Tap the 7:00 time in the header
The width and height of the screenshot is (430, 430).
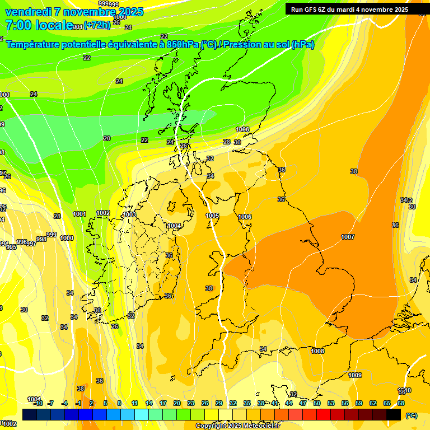tap(18, 25)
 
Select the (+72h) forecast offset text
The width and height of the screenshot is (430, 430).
tap(97, 26)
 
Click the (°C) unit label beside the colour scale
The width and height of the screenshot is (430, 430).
tap(411, 415)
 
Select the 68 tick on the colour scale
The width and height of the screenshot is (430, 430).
tap(401, 403)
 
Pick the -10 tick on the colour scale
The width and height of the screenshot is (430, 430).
tap(38, 403)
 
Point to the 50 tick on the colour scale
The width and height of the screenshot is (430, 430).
tap(317, 403)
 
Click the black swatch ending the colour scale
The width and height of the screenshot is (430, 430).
tap(394, 414)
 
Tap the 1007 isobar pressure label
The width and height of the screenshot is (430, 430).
tap(348, 237)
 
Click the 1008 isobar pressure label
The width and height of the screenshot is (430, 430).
tap(317, 351)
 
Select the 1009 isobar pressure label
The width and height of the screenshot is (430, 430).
tap(355, 375)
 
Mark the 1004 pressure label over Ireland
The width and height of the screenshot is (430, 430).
tap(174, 226)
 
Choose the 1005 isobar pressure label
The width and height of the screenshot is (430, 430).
tap(212, 216)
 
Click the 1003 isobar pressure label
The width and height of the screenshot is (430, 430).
tap(129, 214)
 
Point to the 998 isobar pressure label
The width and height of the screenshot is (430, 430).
tap(41, 239)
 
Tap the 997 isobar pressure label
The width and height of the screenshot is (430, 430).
tap(31, 244)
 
